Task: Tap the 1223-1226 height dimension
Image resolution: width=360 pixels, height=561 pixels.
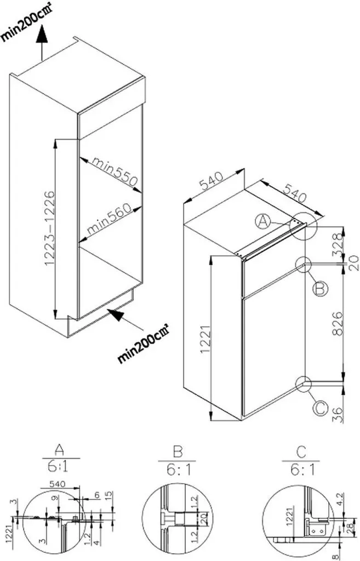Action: (50, 229)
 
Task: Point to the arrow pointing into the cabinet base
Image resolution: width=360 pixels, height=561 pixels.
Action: (120, 317)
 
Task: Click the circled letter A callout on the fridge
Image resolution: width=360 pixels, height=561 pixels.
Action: (264, 221)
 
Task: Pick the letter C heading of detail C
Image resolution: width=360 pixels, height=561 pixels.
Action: (300, 452)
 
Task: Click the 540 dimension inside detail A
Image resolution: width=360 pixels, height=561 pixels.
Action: (58, 484)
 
